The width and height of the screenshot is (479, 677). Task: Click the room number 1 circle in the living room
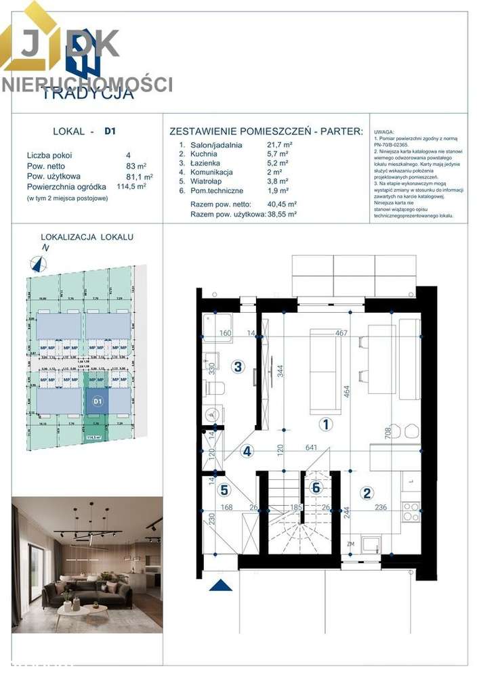[x=326, y=424]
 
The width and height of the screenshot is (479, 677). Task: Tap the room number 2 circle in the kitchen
[x=367, y=493]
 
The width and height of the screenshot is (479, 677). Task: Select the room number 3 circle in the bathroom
[x=238, y=367]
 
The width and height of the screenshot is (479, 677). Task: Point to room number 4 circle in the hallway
[x=248, y=451]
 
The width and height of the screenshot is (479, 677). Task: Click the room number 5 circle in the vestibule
[x=225, y=491]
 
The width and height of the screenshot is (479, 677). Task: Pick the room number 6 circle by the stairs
[x=316, y=486]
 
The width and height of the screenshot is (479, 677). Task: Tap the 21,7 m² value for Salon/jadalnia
[x=279, y=145]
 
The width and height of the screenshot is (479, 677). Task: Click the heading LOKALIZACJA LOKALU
[x=87, y=237]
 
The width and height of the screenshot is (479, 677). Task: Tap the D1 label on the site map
[x=98, y=401]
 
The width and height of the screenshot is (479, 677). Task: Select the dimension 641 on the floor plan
[x=312, y=447]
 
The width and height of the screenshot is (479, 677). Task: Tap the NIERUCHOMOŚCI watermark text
[x=87, y=85]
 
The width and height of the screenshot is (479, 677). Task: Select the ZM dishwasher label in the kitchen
[x=351, y=543]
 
